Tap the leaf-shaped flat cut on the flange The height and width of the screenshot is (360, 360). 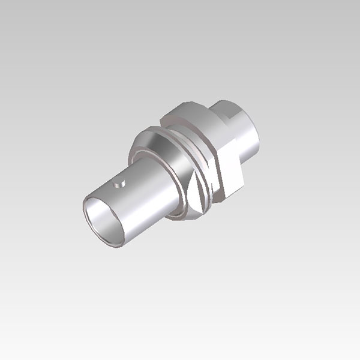click(195, 191)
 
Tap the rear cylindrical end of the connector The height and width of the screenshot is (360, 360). click(243, 129)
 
